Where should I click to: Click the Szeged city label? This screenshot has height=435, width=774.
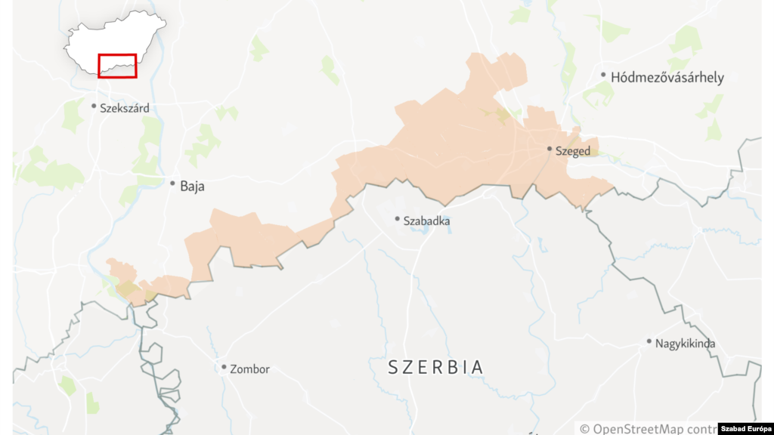[573, 151]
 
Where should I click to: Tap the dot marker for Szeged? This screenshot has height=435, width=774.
[550, 149]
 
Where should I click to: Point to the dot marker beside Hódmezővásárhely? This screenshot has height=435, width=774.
[603, 75]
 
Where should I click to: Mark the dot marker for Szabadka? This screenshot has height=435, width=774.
[397, 219]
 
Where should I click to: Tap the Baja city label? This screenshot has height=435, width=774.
[192, 185]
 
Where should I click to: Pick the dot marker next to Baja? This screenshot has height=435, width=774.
[173, 183]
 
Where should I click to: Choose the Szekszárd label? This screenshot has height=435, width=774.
[125, 108]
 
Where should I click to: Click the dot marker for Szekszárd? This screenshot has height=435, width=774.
[94, 106]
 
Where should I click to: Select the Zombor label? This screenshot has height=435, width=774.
[249, 369]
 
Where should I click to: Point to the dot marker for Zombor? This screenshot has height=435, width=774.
[224, 367]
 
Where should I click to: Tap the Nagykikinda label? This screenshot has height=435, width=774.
[685, 344]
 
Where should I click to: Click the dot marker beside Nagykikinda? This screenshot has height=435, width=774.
[649, 341]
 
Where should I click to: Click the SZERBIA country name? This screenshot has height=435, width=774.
[435, 368]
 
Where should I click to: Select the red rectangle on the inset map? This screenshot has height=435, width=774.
[117, 65]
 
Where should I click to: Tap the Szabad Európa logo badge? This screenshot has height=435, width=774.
[740, 428]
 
